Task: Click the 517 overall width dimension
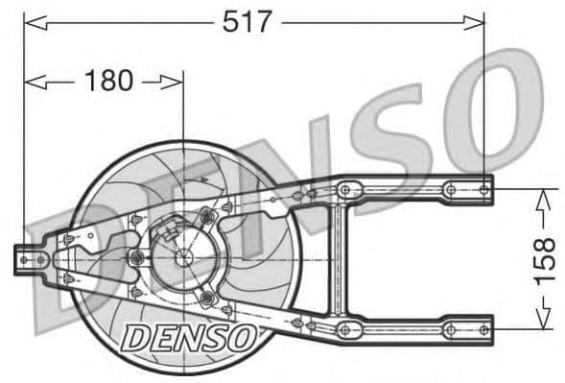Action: point(247,21)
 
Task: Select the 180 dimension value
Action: point(107,82)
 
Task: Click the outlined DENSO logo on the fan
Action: point(189,336)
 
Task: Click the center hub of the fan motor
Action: point(182,257)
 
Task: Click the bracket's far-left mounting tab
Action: point(27,258)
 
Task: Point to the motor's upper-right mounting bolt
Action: point(206,218)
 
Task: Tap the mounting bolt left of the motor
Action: point(137,257)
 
